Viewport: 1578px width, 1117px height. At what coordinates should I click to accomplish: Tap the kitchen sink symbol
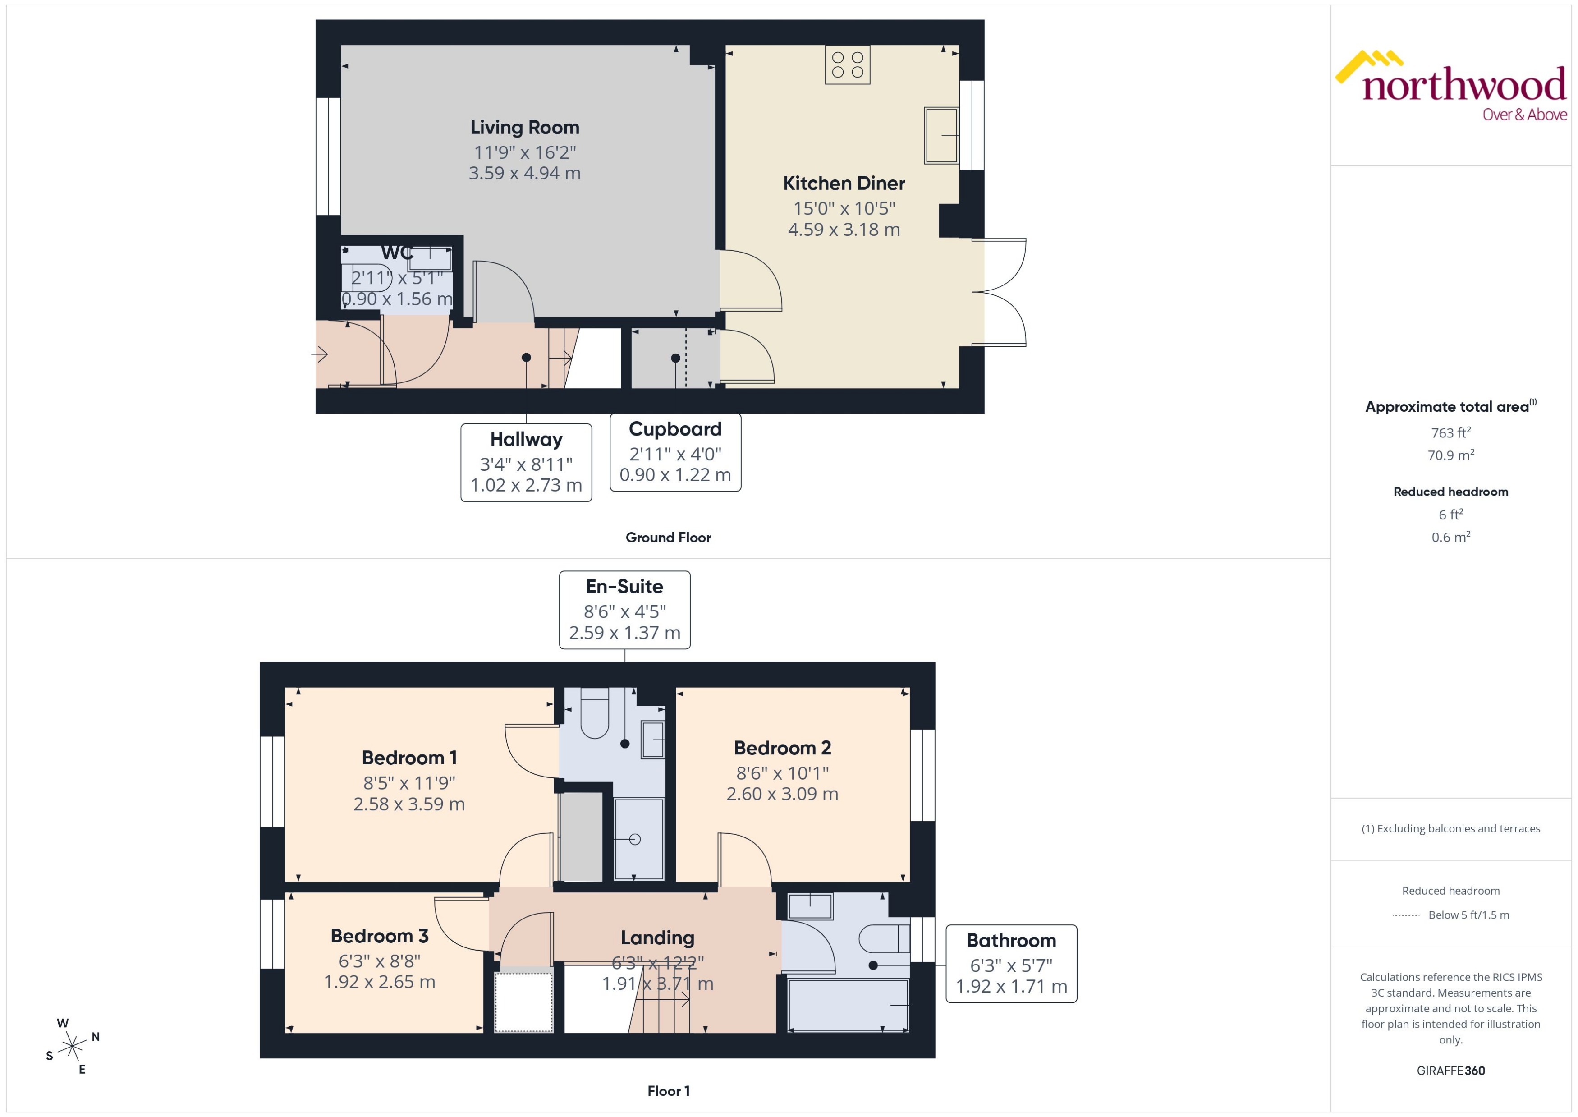point(940,135)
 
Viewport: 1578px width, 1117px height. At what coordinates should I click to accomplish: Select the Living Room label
point(525,127)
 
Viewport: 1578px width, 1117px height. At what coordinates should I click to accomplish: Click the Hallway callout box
point(526,462)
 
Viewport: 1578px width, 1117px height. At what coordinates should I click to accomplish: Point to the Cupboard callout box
point(675,452)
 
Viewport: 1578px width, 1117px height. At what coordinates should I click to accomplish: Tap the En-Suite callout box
point(624,609)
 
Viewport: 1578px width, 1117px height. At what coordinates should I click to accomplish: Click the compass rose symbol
point(72,1047)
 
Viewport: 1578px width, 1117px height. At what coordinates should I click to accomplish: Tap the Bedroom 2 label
point(783,748)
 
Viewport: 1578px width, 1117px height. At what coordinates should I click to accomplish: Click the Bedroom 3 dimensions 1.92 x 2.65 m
point(380,982)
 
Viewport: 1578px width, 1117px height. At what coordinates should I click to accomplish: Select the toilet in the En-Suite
point(595,715)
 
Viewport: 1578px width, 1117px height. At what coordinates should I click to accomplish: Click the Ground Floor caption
point(668,537)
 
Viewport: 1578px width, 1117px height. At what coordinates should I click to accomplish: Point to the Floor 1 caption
point(668,1091)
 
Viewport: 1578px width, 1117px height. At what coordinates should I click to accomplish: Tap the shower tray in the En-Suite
point(638,838)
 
